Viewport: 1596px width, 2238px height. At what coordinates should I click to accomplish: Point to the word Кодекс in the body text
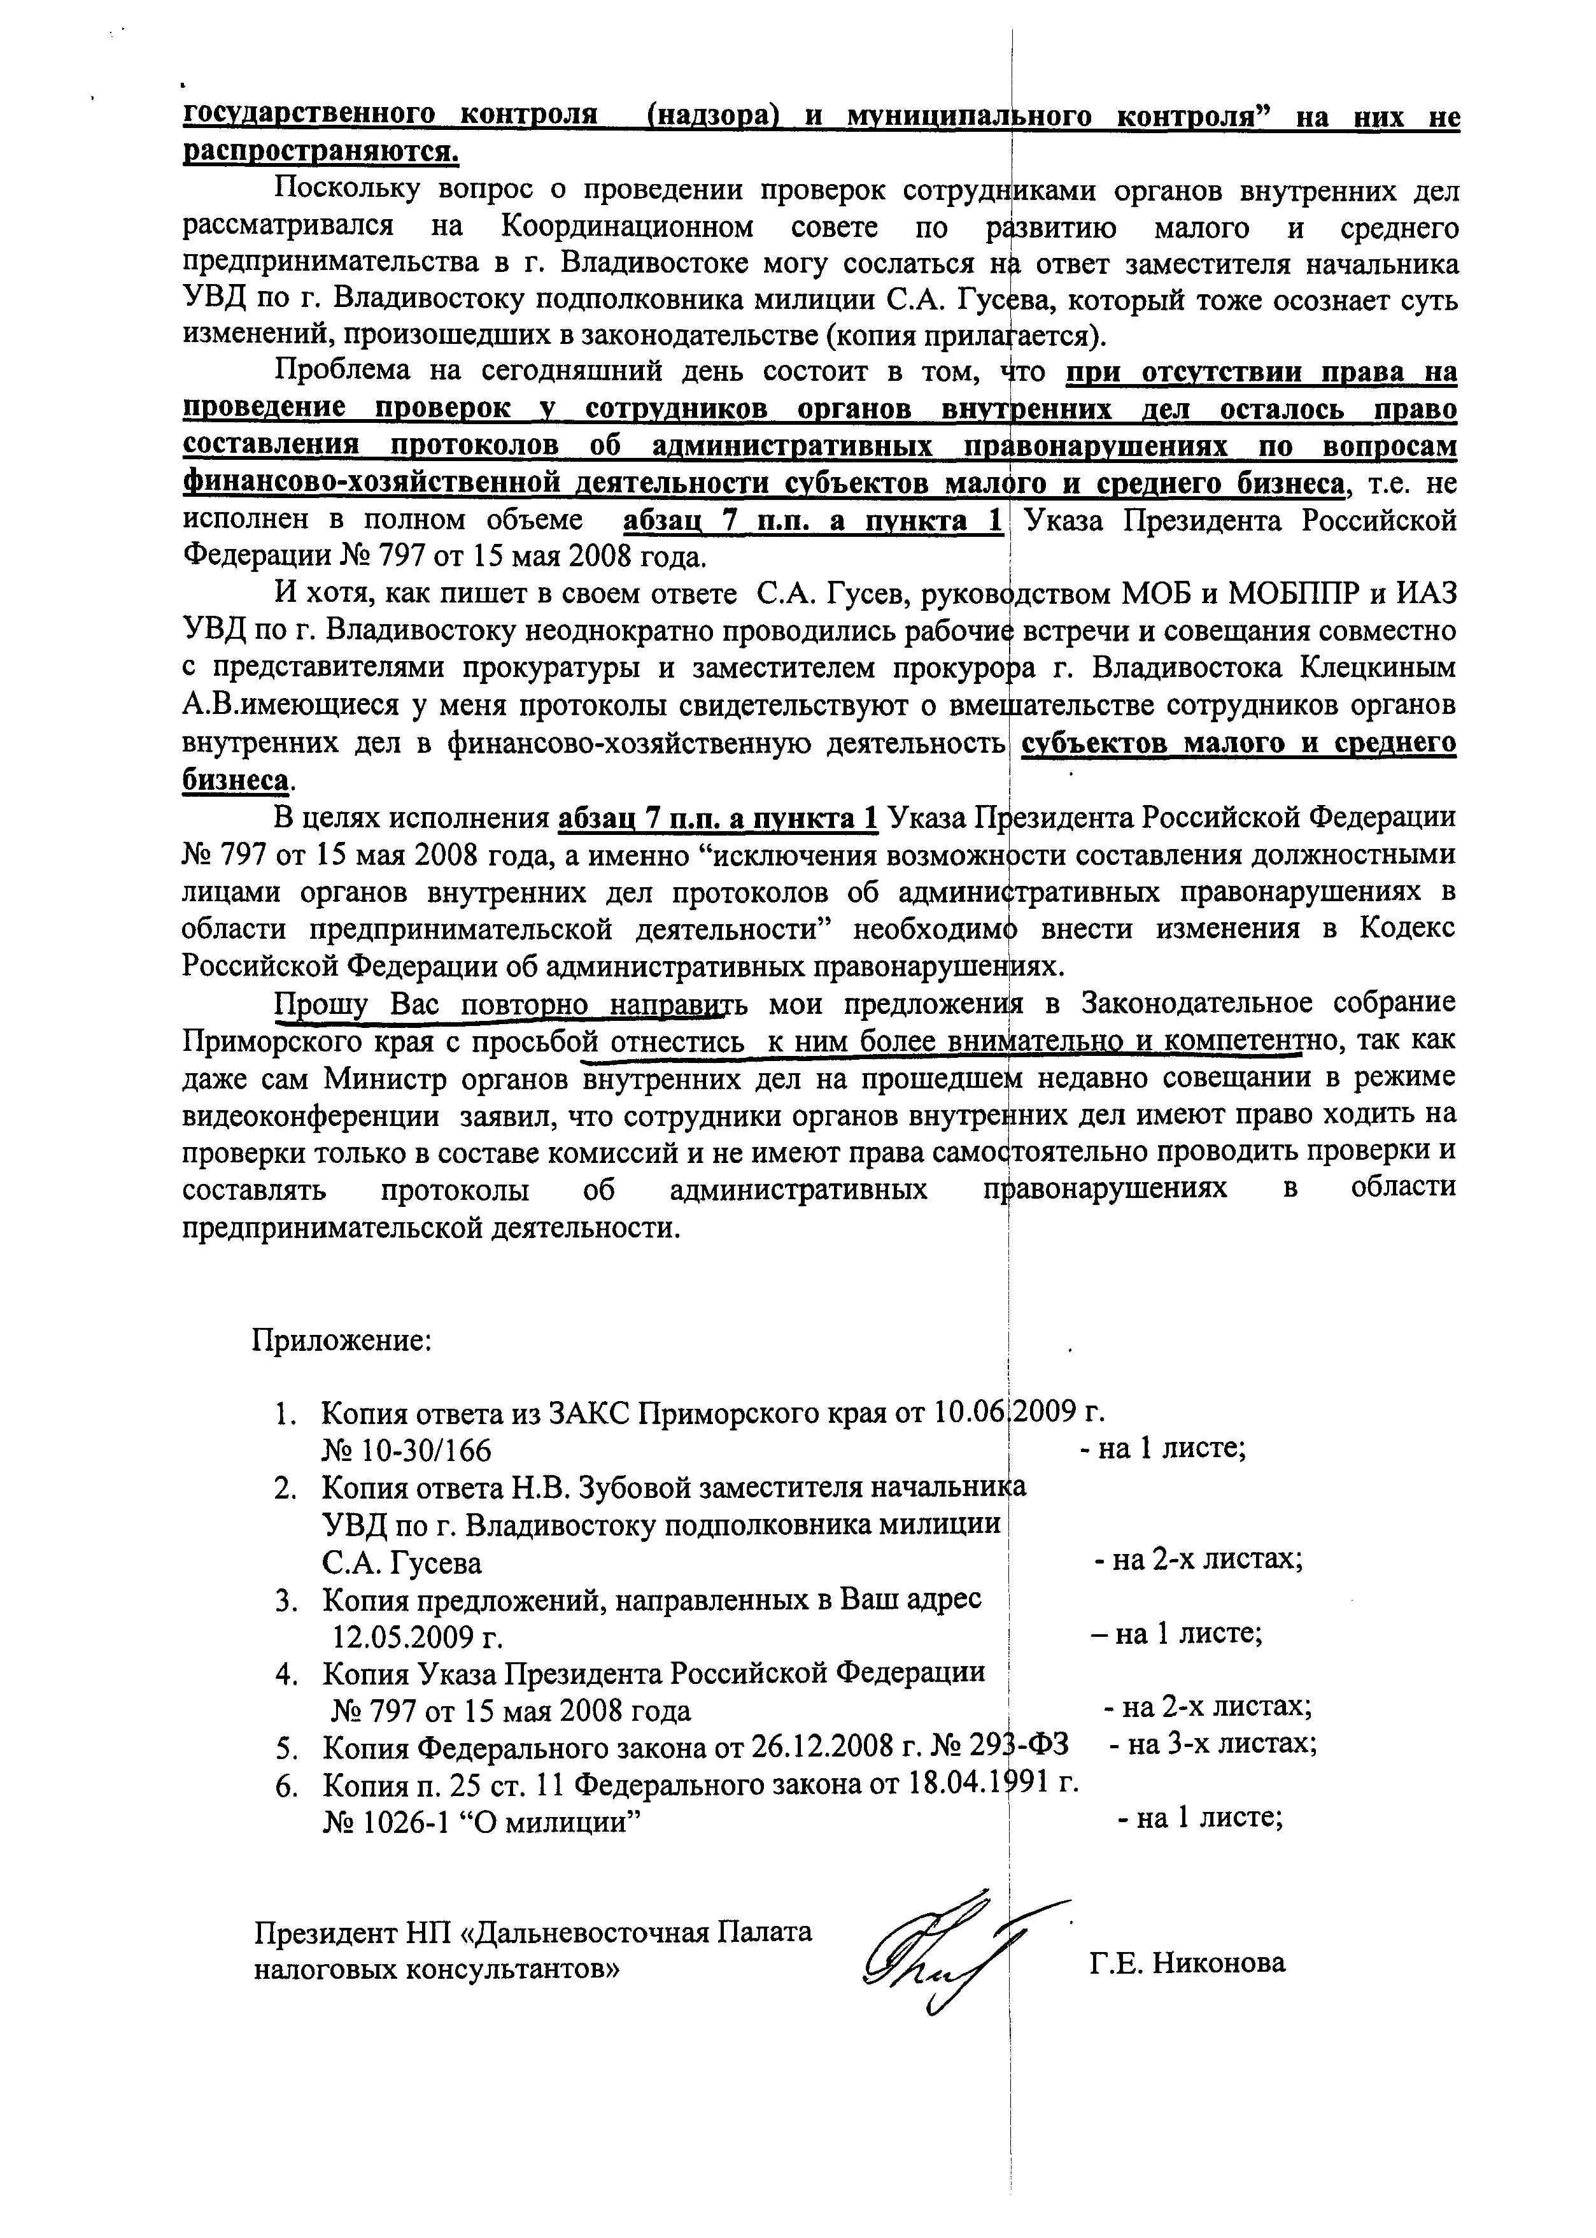[x=1408, y=929]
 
